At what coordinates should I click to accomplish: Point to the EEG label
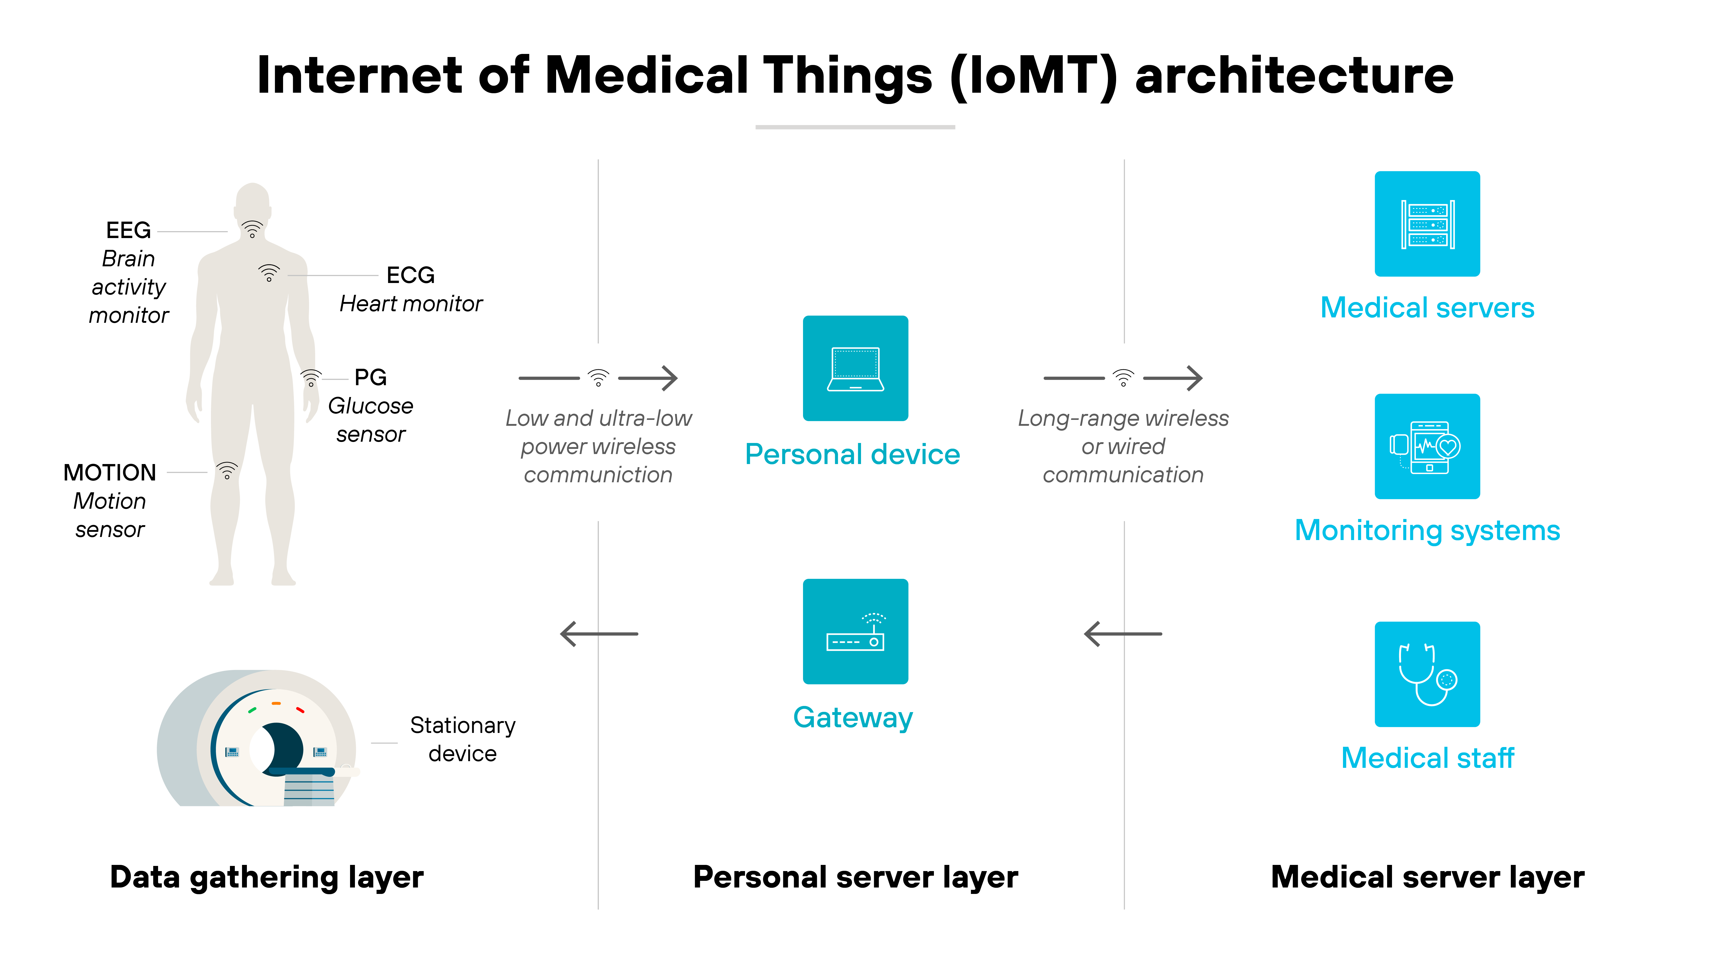(x=128, y=231)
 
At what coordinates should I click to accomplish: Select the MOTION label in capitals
(x=110, y=473)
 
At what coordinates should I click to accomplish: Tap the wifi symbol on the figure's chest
(x=269, y=272)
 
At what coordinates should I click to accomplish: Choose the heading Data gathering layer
(x=266, y=877)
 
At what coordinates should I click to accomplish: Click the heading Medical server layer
(x=1427, y=877)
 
